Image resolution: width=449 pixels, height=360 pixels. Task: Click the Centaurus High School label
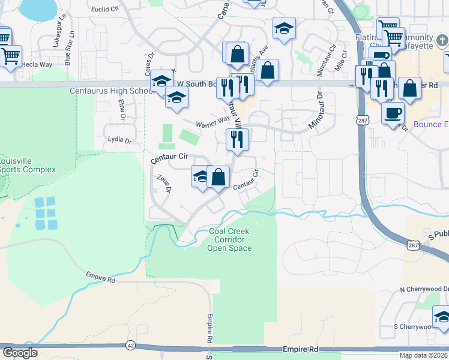[x=112, y=91]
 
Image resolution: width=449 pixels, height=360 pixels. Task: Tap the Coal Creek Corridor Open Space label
[x=229, y=239]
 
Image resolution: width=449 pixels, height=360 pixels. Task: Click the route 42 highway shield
[x=130, y=345]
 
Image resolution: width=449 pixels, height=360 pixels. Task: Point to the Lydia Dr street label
[x=119, y=140]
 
